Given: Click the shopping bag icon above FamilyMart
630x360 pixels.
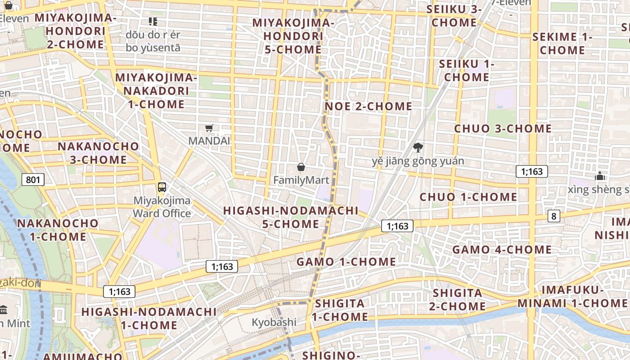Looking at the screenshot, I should point(301,167).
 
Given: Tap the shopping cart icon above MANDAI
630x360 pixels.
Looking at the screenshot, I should point(209,128).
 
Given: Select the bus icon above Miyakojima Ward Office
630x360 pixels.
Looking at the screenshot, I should point(162,187).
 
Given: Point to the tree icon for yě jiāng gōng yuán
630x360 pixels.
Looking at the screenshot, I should point(418,147).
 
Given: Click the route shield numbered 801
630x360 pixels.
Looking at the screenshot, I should point(33,180).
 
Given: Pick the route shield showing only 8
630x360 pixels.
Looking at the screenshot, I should point(553,216).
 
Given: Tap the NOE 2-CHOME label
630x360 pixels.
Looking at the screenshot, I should point(369,106).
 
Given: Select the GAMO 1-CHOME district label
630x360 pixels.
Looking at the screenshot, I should point(346,261).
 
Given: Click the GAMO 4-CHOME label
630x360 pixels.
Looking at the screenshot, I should point(502,249).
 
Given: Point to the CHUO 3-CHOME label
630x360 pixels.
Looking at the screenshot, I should point(503,128).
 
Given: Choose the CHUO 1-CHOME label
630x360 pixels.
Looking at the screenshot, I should point(468,197).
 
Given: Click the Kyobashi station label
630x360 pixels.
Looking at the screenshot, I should point(274,322).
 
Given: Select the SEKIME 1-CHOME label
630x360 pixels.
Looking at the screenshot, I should point(562,43).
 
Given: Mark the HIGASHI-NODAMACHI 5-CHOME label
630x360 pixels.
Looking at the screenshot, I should point(291,217).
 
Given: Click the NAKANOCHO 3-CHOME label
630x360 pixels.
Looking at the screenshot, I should point(99,153).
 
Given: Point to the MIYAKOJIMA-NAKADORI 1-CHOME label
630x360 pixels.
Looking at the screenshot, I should point(156,91).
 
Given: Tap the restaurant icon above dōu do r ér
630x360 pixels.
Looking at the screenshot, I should point(153,21).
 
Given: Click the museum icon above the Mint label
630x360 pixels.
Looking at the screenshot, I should point(4,310).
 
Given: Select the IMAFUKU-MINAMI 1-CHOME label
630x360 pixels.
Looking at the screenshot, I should point(572,296).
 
